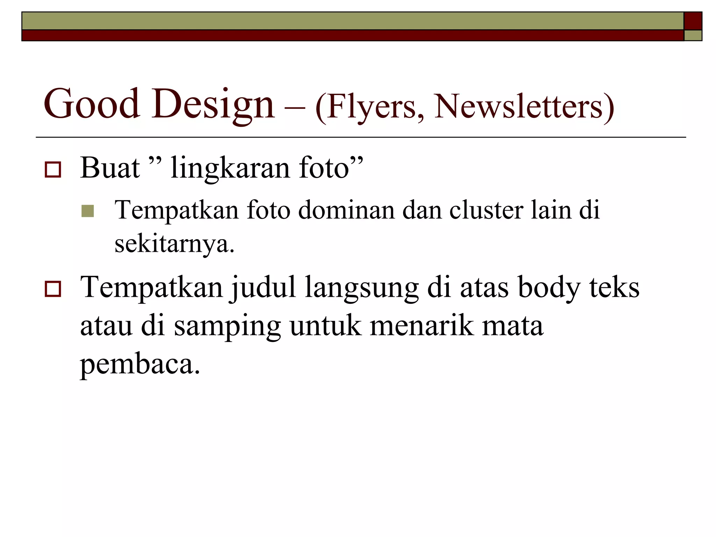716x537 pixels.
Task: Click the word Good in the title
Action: pos(92,104)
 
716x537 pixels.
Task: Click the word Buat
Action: pos(110,168)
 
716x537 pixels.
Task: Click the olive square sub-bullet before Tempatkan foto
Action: pos(87,211)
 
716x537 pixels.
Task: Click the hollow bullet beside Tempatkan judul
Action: pos(53,289)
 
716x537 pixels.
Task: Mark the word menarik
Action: pos(421,326)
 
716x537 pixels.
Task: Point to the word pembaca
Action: pos(140,364)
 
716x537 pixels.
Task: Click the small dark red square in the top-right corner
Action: pos(693,21)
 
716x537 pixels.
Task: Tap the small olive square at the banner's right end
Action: pos(693,36)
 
